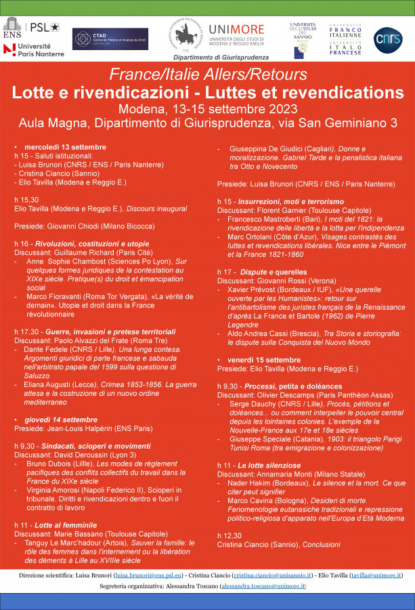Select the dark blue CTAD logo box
(110, 39)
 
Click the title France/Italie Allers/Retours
(208, 75)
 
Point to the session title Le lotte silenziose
(267, 466)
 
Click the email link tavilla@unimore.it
(376, 575)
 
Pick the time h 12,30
(230, 535)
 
